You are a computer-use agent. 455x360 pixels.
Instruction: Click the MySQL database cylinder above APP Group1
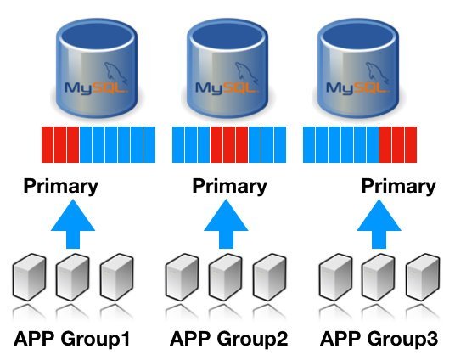(96, 68)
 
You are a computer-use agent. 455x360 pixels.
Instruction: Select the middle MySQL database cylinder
(227, 68)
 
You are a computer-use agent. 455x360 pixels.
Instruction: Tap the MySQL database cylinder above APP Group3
(357, 68)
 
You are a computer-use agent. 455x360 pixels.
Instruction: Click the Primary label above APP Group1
(60, 187)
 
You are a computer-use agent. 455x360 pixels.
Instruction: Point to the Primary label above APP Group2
(229, 187)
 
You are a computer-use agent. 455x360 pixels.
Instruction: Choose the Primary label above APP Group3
(398, 187)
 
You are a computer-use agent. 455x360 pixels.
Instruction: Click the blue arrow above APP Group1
(73, 224)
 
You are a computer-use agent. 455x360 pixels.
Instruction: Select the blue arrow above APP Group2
(226, 224)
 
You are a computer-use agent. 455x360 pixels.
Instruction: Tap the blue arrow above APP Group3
(379, 224)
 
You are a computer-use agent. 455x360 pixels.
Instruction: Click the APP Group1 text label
(71, 339)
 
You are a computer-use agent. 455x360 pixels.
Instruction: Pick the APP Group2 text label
(228, 339)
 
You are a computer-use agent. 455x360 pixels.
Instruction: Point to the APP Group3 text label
(379, 339)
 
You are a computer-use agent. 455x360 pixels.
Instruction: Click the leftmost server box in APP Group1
(29, 278)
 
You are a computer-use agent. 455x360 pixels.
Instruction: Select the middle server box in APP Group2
(226, 278)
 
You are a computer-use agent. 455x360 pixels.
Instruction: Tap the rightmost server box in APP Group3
(423, 278)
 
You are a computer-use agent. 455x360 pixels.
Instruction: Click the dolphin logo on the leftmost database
(115, 72)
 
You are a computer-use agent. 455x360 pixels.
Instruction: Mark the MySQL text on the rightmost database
(357, 87)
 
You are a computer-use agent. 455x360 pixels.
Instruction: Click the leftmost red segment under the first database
(48, 144)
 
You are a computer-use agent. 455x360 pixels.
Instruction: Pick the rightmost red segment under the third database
(411, 144)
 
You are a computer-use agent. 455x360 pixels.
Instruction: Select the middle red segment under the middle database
(229, 144)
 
